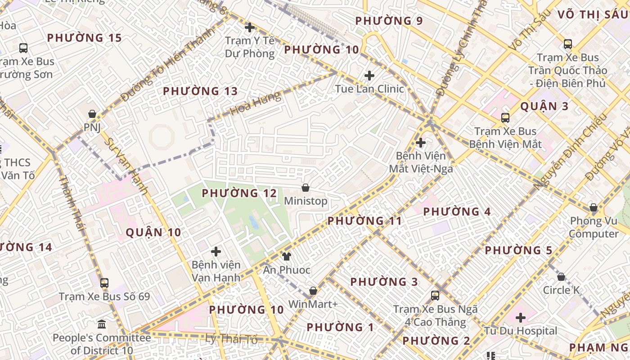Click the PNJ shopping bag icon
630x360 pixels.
[92, 114]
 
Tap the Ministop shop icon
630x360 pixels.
[306, 187]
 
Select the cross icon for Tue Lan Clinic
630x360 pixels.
[369, 75]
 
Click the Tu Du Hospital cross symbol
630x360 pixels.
[521, 318]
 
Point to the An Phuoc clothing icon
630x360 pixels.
[287, 256]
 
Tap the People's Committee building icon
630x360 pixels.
[102, 324]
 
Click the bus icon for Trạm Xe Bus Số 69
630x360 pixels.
[104, 283]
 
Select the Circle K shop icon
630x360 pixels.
[561, 276]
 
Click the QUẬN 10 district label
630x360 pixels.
[153, 233]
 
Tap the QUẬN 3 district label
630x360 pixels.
[544, 107]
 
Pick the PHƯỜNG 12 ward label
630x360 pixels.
[239, 193]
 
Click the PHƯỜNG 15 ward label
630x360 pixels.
[85, 38]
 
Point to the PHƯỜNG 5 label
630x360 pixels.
[518, 250]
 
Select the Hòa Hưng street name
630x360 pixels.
[255, 104]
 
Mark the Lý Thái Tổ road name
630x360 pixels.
[231, 339]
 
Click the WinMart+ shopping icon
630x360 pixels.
[313, 291]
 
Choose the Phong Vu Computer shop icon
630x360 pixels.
[594, 207]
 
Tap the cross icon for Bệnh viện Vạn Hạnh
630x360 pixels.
[216, 251]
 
